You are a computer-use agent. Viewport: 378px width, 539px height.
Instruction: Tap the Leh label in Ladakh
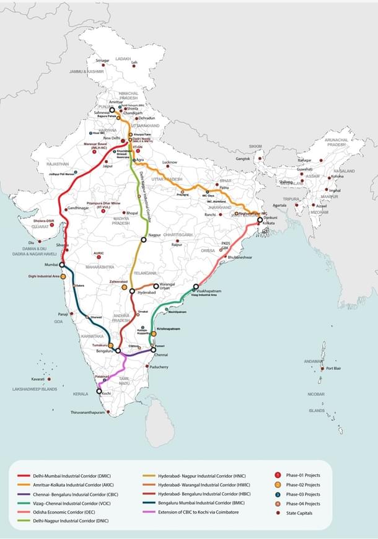click(x=134, y=63)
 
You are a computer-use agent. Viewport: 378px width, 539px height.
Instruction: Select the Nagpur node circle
click(x=143, y=238)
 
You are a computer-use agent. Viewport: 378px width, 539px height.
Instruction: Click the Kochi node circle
click(x=99, y=391)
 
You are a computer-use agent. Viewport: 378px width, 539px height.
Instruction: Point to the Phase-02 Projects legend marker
click(x=278, y=485)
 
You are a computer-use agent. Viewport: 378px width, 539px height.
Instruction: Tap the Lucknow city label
click(x=170, y=162)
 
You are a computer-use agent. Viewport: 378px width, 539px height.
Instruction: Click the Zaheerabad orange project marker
click(x=125, y=287)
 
